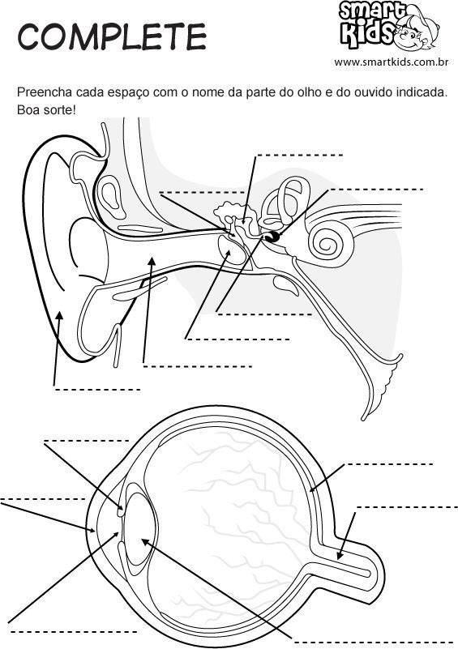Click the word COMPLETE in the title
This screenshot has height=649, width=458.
point(112,36)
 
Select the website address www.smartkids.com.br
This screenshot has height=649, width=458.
point(392,62)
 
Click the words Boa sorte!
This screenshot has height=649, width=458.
point(46,110)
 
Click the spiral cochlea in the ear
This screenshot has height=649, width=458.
point(332,241)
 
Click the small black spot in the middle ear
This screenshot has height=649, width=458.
point(272,237)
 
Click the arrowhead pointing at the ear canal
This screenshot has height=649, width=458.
point(152,262)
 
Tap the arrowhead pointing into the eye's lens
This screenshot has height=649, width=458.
point(145,542)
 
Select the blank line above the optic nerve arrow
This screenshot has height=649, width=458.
point(407,506)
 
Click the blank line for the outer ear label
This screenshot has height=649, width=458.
point(97,390)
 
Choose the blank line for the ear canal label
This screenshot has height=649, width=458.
point(198,366)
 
